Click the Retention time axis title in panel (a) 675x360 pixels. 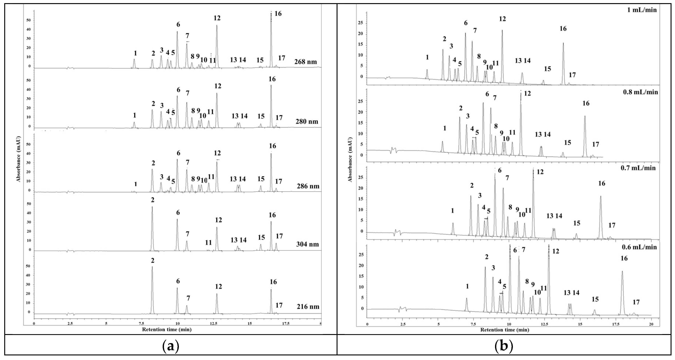pyautogui.click(x=167, y=330)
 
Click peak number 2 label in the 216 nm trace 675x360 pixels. pyautogui.click(x=153, y=260)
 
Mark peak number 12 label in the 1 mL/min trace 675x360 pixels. pyautogui.click(x=502, y=19)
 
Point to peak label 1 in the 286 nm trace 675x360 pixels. pyautogui.click(x=135, y=184)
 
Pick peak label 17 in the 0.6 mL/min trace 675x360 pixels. pyautogui.click(x=636, y=302)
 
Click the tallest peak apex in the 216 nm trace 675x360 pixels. pyautogui.click(x=152, y=267)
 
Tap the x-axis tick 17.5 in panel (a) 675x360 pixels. pyautogui.click(x=286, y=324)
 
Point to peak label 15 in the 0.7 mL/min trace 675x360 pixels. pyautogui.click(x=577, y=223)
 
